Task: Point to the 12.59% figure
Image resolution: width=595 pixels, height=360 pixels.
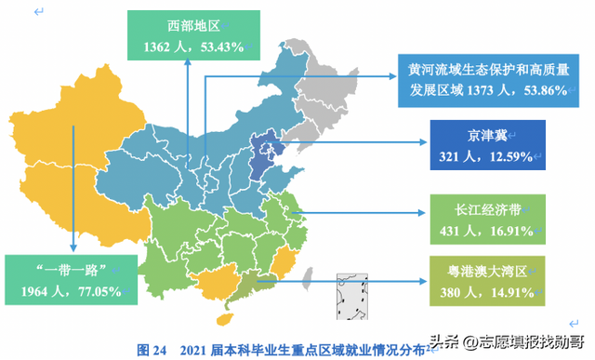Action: click(505, 154)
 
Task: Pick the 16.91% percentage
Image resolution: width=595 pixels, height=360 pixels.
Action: click(505, 227)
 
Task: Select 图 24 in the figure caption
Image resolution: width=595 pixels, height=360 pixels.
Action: click(152, 349)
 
